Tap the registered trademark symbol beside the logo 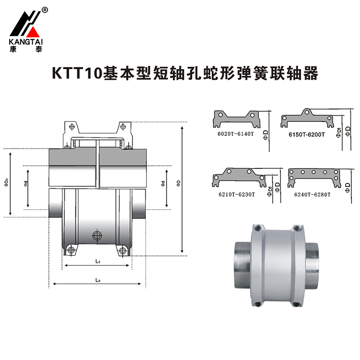point(45,10)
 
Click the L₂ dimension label point(97,261)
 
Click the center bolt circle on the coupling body point(97,235)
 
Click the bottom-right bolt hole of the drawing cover point(123,250)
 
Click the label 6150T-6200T point(307,134)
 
